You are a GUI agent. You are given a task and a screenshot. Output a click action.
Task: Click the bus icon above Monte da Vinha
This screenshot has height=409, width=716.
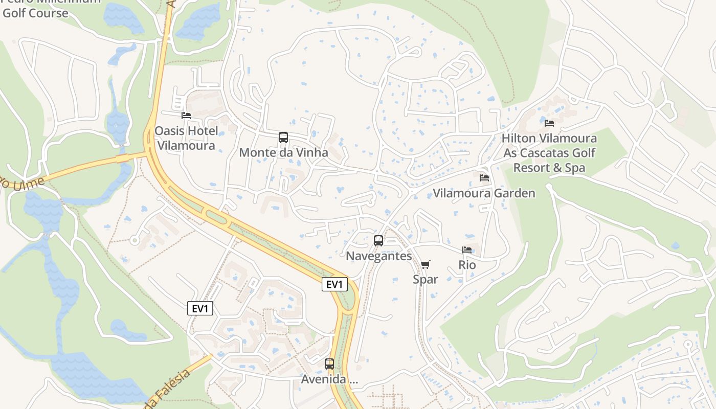pyautogui.click(x=283, y=138)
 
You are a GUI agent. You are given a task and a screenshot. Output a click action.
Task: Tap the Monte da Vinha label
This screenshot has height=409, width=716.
pyautogui.click(x=283, y=152)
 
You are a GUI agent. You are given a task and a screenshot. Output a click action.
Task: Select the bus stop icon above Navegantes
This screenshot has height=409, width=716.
pyautogui.click(x=378, y=241)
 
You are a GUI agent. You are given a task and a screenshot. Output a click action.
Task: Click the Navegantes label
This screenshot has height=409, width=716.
pyautogui.click(x=379, y=256)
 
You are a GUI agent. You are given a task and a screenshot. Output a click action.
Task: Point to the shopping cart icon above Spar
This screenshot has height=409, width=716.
pyautogui.click(x=425, y=264)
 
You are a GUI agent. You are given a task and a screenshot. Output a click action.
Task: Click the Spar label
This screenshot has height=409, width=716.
pyautogui.click(x=426, y=279)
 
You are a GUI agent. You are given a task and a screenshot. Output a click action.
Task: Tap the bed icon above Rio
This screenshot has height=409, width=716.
pyautogui.click(x=467, y=250)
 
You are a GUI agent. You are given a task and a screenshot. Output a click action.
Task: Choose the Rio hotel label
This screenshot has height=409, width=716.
pyautogui.click(x=467, y=265)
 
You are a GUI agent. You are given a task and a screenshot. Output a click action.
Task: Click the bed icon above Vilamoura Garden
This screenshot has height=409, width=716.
pyautogui.click(x=484, y=178)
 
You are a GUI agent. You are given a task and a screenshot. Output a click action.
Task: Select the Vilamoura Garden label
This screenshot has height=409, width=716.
pyautogui.click(x=484, y=193)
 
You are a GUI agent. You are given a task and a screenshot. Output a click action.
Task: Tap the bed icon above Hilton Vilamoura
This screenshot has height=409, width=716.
pyautogui.click(x=549, y=123)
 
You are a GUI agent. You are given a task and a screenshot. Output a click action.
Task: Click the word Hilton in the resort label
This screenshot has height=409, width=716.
pyautogui.click(x=518, y=138)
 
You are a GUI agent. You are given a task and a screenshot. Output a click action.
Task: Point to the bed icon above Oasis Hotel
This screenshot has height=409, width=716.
pyautogui.click(x=186, y=116)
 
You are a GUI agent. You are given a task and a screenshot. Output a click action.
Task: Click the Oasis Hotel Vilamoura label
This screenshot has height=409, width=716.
pyautogui.click(x=186, y=138)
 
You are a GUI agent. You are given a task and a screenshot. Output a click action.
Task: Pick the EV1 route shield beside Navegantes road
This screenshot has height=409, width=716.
pyautogui.click(x=334, y=284)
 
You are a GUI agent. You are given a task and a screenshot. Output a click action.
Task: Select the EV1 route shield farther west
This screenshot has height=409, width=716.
pyautogui.click(x=200, y=308)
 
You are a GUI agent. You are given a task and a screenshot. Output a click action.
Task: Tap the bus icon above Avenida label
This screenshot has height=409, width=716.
pyautogui.click(x=329, y=364)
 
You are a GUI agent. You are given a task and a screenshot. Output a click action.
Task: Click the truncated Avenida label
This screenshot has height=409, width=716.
pyautogui.click(x=329, y=379)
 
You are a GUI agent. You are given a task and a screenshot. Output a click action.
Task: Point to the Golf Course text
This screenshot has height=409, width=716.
pyautogui.click(x=35, y=13)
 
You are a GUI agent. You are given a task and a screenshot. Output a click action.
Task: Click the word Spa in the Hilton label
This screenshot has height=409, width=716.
pyautogui.click(x=575, y=168)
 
